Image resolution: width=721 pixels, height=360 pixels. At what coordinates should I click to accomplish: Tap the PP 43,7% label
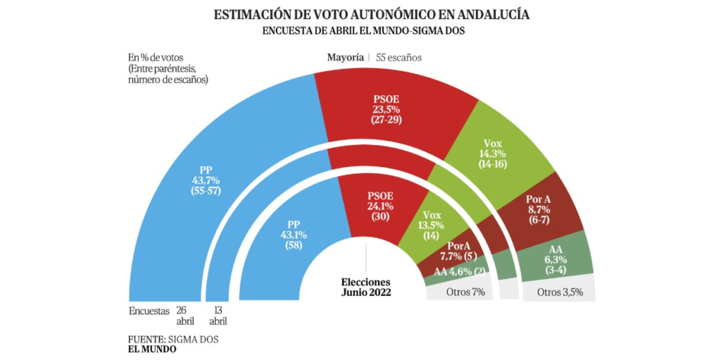pyautogui.click(x=206, y=180)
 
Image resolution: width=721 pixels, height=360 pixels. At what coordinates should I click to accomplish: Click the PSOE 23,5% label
pyautogui.click(x=386, y=109)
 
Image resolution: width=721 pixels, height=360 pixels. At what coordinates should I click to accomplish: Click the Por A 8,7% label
pyautogui.click(x=544, y=210)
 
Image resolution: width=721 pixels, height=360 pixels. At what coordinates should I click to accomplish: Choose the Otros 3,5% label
pyautogui.click(x=560, y=292)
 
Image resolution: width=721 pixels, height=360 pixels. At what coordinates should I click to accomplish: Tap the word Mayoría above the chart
pyautogui.click(x=345, y=57)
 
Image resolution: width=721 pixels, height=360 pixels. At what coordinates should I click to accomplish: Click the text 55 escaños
pyautogui.click(x=399, y=57)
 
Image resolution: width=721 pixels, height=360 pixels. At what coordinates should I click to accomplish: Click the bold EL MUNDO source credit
pyautogui.click(x=153, y=349)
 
